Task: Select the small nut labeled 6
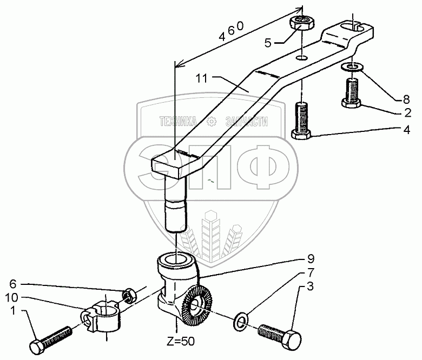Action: (128, 296)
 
